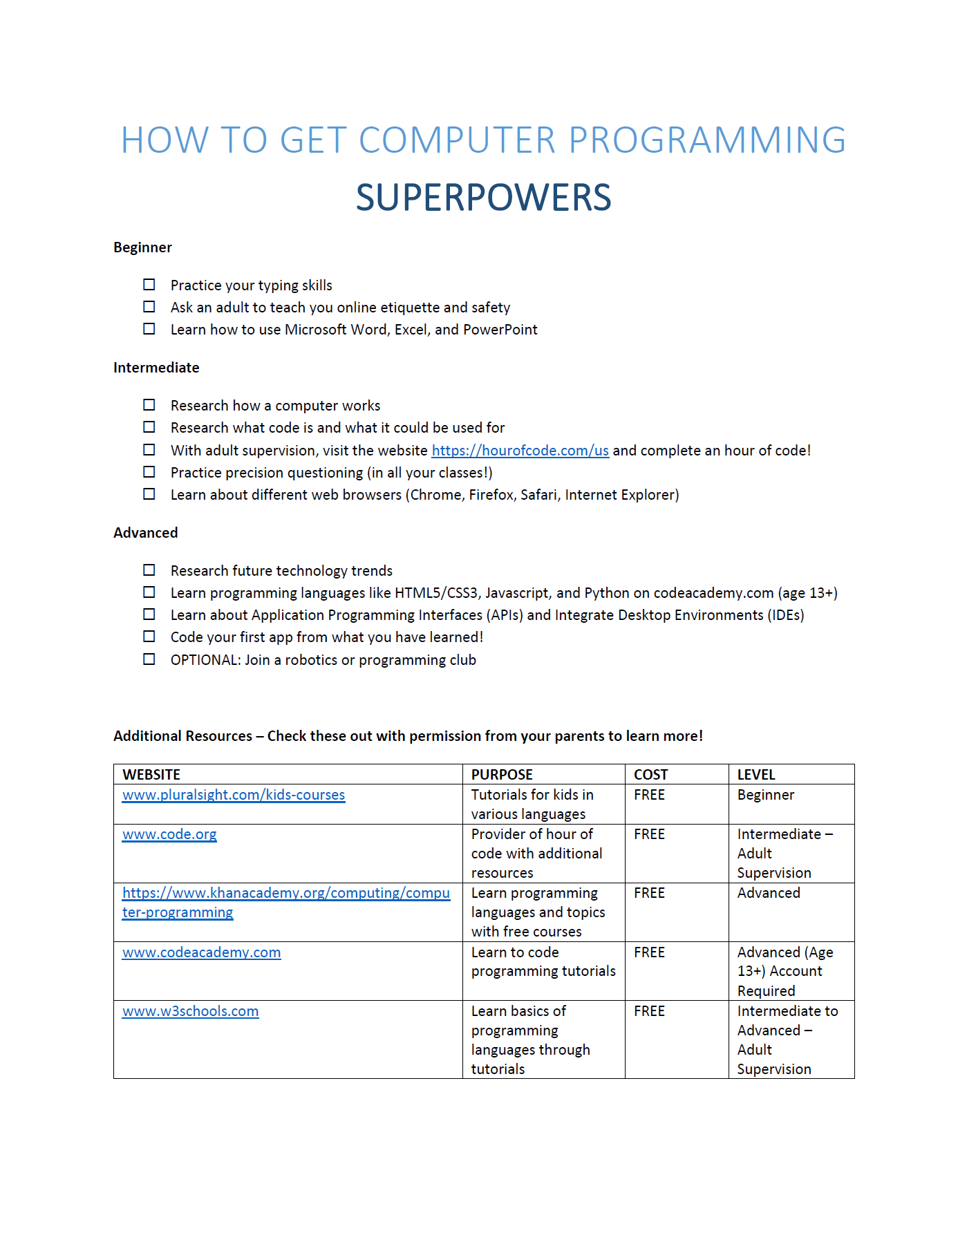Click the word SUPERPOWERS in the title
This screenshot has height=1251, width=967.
[483, 198]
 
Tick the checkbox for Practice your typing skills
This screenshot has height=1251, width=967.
[149, 285]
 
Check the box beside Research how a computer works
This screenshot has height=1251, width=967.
[149, 405]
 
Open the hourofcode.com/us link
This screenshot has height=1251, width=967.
[520, 451]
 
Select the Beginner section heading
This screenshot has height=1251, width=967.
[142, 247]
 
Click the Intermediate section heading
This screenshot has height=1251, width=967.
[156, 368]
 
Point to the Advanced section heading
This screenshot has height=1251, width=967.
[145, 533]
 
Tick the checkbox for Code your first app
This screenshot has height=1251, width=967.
[149, 637]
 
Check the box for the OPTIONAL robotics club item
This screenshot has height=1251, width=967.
[149, 659]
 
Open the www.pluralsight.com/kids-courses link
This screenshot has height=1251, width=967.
[234, 795]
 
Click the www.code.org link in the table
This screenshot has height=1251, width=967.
[169, 834]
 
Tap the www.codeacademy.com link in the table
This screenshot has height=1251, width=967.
[201, 952]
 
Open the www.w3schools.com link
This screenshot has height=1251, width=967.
[190, 1011]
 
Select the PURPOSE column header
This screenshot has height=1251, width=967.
[502, 775]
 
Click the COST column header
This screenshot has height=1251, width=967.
[650, 775]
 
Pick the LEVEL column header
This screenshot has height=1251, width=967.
[756, 775]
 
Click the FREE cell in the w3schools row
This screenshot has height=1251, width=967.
[649, 1011]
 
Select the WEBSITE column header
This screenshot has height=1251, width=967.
[151, 775]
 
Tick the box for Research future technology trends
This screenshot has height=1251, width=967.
[149, 570]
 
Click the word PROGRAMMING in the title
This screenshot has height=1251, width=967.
[707, 140]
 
